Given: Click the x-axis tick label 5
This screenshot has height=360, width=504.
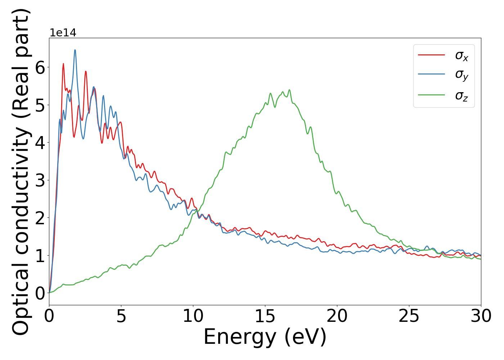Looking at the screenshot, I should click(x=121, y=316).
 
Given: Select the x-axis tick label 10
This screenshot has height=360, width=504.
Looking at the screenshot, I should click(x=193, y=316).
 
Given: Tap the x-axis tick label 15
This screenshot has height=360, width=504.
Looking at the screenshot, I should click(x=265, y=316).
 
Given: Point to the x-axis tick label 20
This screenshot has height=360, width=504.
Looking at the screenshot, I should click(x=337, y=316).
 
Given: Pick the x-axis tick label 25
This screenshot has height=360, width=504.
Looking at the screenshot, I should click(x=409, y=316).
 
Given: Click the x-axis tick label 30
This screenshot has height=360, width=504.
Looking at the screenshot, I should click(x=481, y=316).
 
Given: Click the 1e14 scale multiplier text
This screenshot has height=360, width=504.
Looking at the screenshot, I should click(x=63, y=33).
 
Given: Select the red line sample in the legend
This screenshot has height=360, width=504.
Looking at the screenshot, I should click(x=431, y=55).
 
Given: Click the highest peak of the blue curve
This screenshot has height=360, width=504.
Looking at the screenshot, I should click(x=75, y=50).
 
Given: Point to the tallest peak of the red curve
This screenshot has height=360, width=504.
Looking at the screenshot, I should click(x=63, y=64).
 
